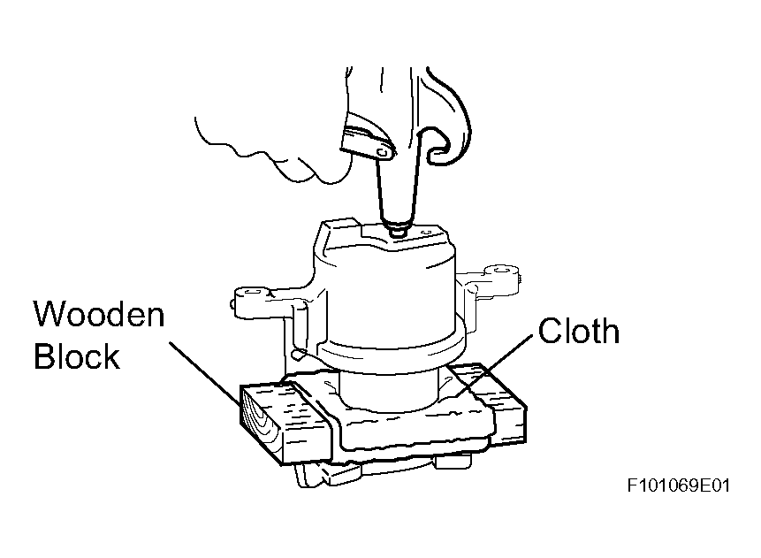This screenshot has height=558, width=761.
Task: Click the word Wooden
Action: point(100,314)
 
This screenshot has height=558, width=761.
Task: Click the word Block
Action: point(77,356)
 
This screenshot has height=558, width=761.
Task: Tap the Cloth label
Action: point(579,331)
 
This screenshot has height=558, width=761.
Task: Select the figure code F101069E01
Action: point(679,485)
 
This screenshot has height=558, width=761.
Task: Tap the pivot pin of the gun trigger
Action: point(384,152)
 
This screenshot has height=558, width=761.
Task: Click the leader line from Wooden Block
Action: point(204,374)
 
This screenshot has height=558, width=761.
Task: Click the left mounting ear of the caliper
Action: point(257,301)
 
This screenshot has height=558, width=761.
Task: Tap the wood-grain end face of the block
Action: point(260,423)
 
